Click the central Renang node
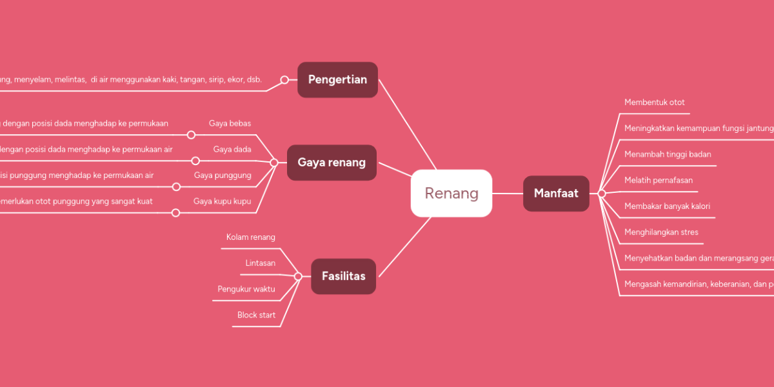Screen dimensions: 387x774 451,193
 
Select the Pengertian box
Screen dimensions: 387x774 337,79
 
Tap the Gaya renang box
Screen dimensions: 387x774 332,162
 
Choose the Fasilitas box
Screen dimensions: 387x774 343,276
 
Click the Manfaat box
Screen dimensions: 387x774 556,193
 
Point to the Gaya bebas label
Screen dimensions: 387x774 230,123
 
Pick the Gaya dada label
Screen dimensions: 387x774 232,150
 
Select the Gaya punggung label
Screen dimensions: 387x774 223,175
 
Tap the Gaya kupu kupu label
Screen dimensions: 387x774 222,201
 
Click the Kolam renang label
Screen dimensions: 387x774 250,237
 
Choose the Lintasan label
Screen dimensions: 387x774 260,263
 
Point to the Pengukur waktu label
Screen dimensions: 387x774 246,289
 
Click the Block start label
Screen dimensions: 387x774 256,315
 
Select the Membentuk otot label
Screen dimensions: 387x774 655,103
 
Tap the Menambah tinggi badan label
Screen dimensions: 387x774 668,154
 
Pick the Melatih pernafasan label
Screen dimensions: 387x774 659,181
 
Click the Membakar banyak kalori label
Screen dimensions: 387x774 667,206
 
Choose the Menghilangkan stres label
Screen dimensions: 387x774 661,232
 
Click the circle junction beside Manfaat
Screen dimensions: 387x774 602,193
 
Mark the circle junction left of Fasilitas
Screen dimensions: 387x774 298,276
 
